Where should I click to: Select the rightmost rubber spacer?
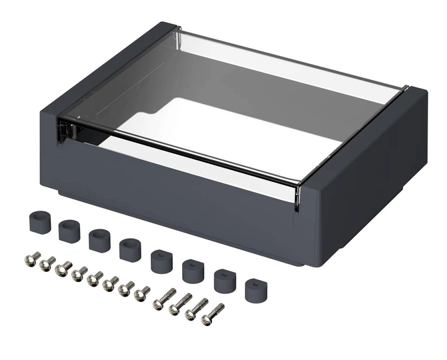[x=255, y=291]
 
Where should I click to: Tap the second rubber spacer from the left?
[x=69, y=231]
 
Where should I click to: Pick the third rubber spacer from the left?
[x=99, y=239]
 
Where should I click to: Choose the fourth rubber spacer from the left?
[x=130, y=249]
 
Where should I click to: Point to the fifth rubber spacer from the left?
[x=161, y=261]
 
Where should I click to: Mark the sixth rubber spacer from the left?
[x=193, y=270]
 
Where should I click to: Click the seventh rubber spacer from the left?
[x=225, y=280]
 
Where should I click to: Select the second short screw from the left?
[x=47, y=264]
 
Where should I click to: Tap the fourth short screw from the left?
[x=79, y=273]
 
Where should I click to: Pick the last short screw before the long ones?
[x=142, y=293]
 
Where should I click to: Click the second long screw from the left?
[x=180, y=304]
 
